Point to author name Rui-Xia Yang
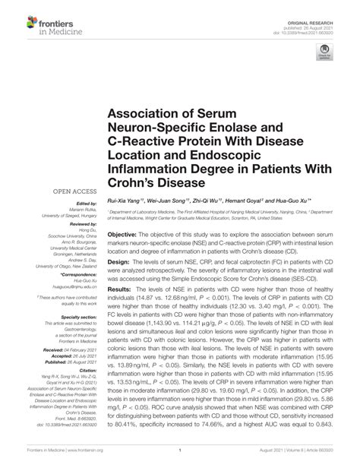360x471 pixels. click(x=126, y=200)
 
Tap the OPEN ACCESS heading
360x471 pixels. click(x=74, y=193)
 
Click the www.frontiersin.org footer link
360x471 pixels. click(x=85, y=461)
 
